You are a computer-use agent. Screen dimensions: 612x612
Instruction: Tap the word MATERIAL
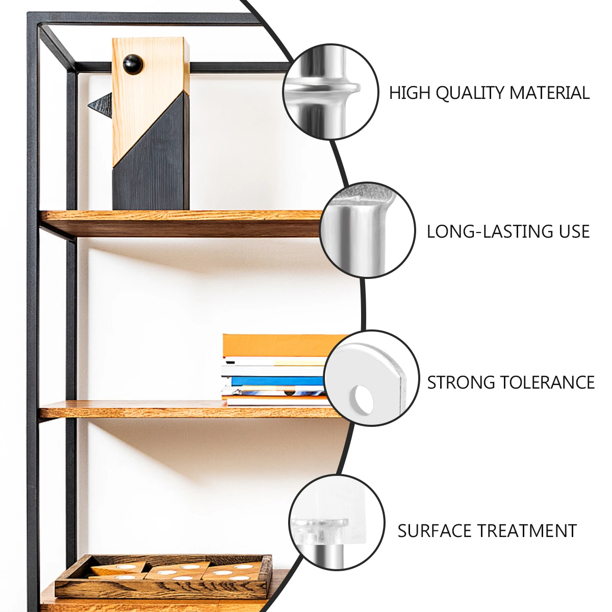coord(549,93)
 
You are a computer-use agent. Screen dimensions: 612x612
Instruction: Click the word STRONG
coord(460,382)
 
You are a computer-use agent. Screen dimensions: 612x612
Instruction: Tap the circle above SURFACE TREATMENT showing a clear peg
coord(337,522)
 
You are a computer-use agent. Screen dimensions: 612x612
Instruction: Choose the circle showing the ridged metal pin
coord(330,91)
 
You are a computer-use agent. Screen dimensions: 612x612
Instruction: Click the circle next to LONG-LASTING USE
coord(367,230)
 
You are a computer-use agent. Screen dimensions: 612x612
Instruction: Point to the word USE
coord(574,232)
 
